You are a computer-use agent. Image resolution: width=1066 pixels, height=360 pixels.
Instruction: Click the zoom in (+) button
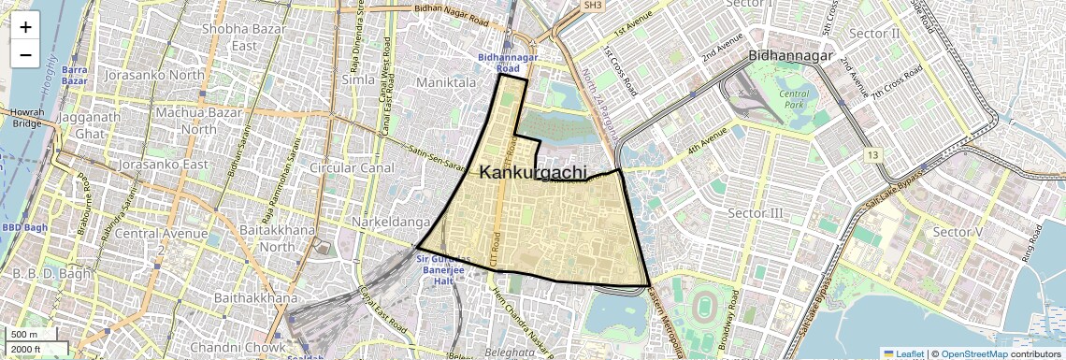pos(25,26)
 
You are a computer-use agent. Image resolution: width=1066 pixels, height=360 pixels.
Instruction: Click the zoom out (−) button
pos(25,54)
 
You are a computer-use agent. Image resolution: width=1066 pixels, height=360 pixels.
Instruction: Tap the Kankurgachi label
pos(533,172)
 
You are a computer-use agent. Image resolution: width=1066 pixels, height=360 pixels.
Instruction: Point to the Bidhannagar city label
pos(790,57)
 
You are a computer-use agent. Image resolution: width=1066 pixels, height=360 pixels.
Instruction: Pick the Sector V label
pos(959,232)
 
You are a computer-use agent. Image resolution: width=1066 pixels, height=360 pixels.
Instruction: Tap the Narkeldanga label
pos(390,222)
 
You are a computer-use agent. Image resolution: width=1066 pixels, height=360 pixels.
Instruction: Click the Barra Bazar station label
pos(74,75)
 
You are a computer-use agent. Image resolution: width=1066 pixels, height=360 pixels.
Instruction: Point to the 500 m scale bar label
pos(25,335)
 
